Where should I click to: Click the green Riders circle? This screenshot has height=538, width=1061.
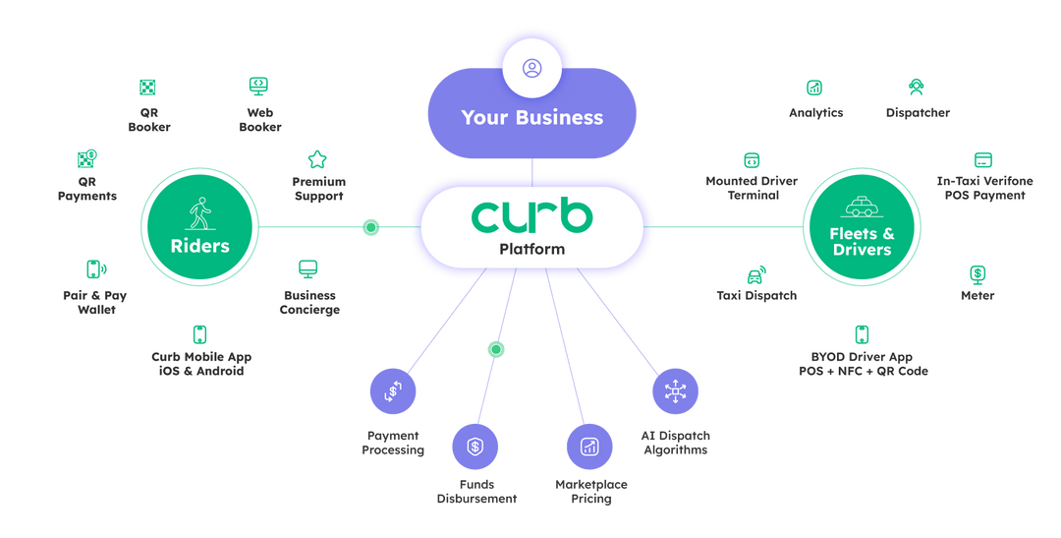point(200,227)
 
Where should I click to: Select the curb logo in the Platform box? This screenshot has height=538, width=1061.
point(531,216)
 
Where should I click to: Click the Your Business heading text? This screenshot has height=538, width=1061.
point(531,117)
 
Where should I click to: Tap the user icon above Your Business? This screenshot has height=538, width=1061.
point(531,69)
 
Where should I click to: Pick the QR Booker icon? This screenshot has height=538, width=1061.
point(148,88)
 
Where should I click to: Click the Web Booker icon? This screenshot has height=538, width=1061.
point(259,86)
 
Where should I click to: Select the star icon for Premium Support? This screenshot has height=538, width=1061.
point(317,158)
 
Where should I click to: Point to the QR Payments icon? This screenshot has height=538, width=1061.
point(86,159)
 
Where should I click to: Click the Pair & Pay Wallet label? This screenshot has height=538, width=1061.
point(95,302)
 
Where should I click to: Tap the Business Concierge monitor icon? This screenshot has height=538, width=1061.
point(308,269)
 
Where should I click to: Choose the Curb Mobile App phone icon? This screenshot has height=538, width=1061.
point(199,334)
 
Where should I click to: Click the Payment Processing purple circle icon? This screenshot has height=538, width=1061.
point(392,390)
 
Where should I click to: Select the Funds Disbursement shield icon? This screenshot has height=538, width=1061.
point(475,446)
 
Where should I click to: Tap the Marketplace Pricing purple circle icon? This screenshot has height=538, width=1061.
point(589,446)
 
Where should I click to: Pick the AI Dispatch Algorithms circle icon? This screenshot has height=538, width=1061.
point(675,390)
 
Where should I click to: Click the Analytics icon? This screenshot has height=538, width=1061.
point(814,88)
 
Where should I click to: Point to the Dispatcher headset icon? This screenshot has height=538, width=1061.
point(917,87)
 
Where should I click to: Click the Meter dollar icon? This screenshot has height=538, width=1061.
point(977,273)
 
